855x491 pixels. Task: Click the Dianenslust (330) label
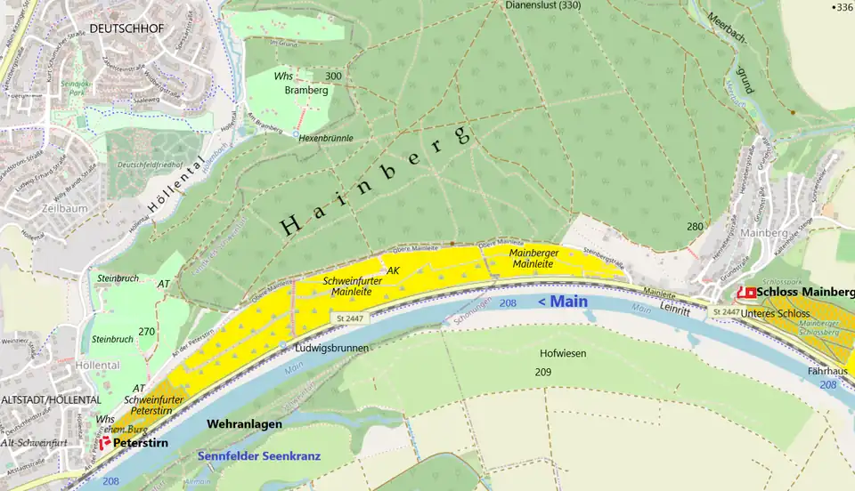[542, 5]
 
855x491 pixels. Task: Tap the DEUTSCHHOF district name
[126, 28]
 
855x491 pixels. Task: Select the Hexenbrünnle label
[326, 138]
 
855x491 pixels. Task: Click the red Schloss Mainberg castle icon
[749, 292]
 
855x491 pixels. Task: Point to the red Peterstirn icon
[104, 441]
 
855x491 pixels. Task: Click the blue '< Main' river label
[563, 302]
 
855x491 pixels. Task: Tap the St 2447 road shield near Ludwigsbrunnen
[351, 318]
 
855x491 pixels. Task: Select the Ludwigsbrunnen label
[331, 348]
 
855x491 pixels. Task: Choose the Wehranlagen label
[244, 424]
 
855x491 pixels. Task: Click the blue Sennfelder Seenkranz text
[257, 456]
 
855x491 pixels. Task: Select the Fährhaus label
[828, 370]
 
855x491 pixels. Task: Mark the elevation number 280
[695, 227]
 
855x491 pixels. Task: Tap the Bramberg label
[300, 90]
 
